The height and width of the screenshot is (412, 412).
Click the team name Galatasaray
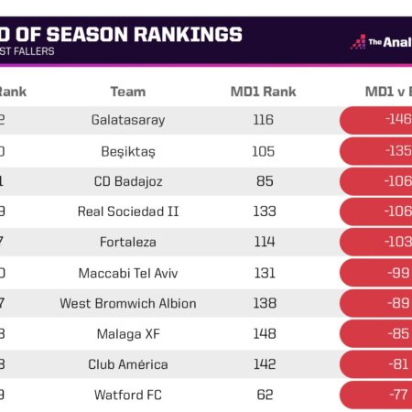tap(128, 120)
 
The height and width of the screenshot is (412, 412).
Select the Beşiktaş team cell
tap(128, 150)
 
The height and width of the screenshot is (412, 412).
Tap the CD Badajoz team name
tap(128, 181)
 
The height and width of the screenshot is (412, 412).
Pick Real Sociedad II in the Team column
tap(128, 211)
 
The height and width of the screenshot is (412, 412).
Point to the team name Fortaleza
tap(128, 242)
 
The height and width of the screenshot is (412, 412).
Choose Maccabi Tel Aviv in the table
tap(128, 273)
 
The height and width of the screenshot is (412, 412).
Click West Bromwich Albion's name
tap(128, 303)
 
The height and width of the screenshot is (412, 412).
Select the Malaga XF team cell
tap(128, 333)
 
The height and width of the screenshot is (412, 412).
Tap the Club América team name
tap(128, 364)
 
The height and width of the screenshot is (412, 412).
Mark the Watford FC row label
tap(128, 395)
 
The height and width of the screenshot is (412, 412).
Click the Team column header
tap(128, 92)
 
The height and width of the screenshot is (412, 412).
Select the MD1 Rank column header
tap(265, 92)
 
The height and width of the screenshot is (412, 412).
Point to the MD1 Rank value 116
tap(265, 120)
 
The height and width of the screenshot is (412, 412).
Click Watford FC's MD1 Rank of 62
tap(265, 395)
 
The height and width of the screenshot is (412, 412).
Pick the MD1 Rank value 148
tap(265, 333)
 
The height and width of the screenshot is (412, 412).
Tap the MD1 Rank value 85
tap(265, 181)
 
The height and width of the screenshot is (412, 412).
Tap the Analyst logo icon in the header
tap(359, 42)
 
